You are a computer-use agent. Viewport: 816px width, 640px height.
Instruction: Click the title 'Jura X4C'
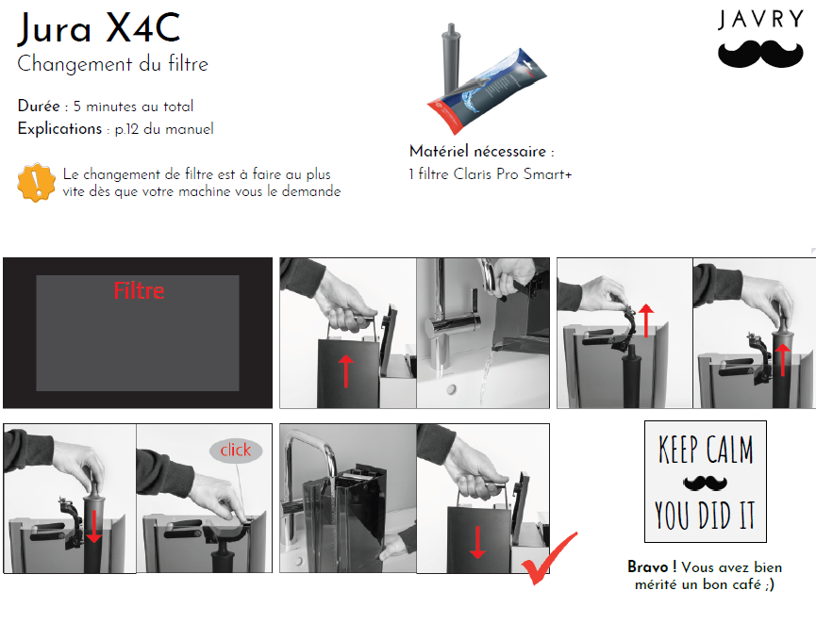99,28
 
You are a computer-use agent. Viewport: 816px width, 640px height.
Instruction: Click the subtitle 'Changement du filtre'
112,64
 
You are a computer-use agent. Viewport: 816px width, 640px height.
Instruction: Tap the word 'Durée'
39,106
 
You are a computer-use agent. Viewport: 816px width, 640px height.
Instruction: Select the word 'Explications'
59,128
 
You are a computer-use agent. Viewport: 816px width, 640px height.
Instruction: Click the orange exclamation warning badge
36,183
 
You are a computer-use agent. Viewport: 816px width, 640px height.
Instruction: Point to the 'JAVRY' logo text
761,19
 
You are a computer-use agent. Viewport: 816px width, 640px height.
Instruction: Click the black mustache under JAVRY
760,54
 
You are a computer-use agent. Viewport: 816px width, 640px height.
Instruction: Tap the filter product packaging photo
486,78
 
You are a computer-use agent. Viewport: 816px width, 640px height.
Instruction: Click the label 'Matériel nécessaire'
477,152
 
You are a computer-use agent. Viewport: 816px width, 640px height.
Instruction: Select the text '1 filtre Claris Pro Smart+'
491,173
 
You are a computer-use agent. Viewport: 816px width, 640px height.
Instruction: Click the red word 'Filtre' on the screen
139,290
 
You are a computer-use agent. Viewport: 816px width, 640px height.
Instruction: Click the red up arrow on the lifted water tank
346,371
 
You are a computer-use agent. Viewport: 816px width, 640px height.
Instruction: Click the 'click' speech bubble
236,451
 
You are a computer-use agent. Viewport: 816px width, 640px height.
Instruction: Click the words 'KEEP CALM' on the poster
706,450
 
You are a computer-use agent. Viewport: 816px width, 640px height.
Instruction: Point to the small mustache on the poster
705,483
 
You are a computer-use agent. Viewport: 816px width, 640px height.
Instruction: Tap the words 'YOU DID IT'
705,516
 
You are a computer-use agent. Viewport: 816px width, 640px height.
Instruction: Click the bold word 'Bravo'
647,566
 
